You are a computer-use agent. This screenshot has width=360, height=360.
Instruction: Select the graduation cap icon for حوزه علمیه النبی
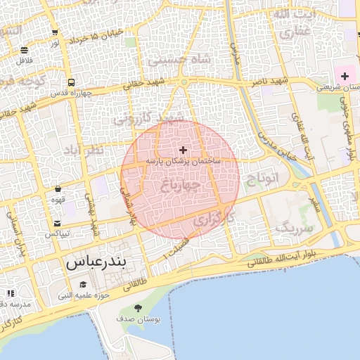(x=84, y=284)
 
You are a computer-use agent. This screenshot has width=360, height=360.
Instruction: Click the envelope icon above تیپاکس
(x=56, y=224)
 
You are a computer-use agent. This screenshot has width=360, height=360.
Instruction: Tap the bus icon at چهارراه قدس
(x=71, y=82)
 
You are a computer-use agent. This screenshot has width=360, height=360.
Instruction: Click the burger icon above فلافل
(x=25, y=50)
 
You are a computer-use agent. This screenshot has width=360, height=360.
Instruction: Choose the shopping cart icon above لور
(x=55, y=32)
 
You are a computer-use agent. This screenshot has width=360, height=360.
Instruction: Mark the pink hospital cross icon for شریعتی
(x=345, y=75)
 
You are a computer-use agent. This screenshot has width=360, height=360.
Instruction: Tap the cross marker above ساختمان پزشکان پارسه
(x=184, y=150)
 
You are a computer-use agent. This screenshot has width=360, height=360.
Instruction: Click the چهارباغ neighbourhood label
(x=181, y=186)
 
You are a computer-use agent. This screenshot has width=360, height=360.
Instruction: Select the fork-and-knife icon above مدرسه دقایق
(x=10, y=293)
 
